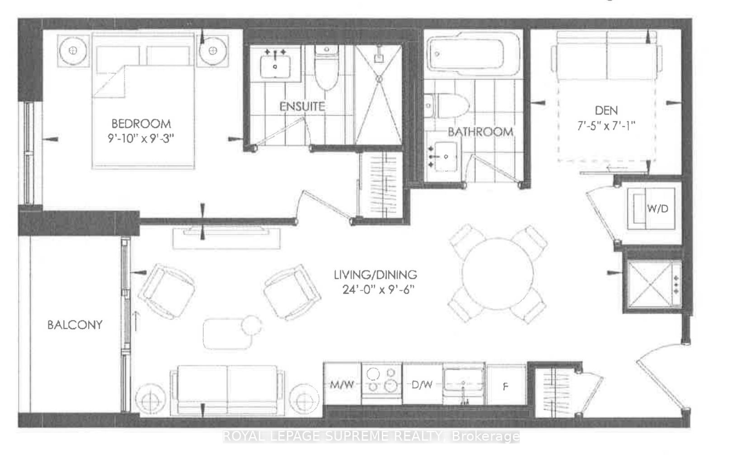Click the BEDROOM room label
point(141,123)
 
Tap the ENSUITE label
point(302,107)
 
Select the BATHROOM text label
point(480,132)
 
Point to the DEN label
point(606,110)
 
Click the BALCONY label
point(75,325)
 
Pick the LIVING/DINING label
point(375,275)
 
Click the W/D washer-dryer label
point(657,209)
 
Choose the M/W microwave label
point(343,385)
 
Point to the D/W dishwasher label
point(422,385)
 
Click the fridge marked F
point(506,387)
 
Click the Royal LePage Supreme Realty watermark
point(371,436)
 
